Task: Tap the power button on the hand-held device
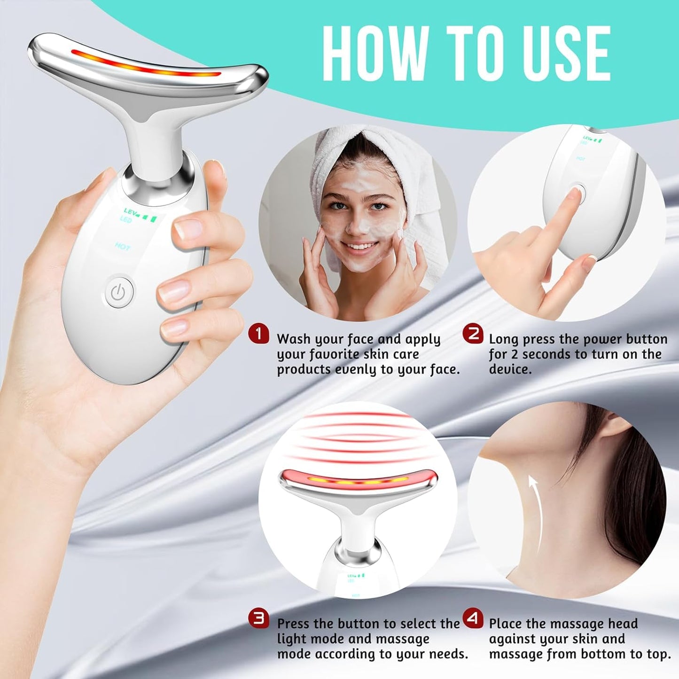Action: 119,292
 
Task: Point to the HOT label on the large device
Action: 122,247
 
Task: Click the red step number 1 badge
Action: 258,334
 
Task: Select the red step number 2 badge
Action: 473,334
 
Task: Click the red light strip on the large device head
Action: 146,66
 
